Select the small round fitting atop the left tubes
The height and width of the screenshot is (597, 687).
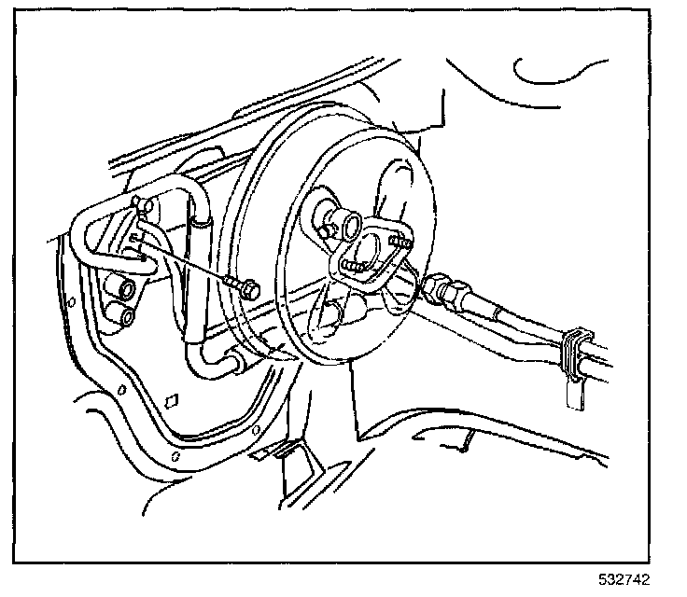pos(140,202)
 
